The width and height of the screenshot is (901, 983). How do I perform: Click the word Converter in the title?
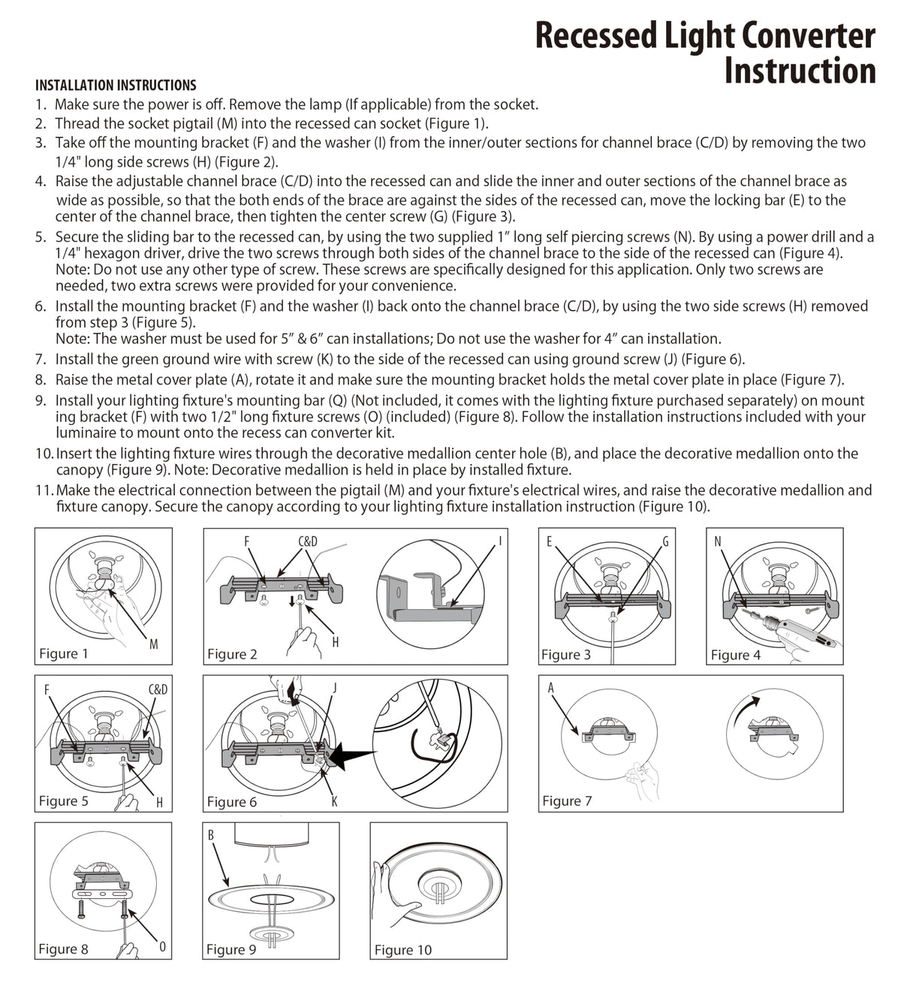(809, 35)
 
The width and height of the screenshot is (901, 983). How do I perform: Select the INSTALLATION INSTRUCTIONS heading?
(116, 85)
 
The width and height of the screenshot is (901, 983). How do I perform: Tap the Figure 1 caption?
(64, 653)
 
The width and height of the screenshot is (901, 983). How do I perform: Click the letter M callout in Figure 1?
(153, 644)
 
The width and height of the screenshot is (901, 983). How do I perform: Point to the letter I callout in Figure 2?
(500, 541)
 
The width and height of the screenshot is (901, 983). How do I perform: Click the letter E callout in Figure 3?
(550, 541)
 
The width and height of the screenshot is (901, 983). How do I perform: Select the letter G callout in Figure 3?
(664, 541)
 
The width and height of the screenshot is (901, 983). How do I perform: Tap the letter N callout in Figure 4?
(718, 541)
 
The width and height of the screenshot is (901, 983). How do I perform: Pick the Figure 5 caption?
(64, 801)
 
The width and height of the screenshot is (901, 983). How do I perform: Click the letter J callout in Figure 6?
(335, 687)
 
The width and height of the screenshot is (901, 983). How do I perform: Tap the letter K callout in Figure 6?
(334, 801)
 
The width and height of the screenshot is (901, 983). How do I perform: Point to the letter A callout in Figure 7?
(550, 687)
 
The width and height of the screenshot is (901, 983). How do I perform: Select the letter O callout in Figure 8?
(162, 945)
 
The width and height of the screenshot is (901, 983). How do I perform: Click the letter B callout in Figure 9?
(211, 834)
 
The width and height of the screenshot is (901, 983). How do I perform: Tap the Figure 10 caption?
(403, 950)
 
